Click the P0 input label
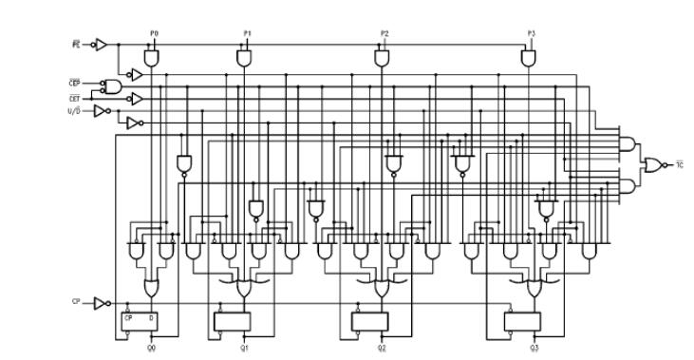154,33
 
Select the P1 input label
246,33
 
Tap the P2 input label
384,33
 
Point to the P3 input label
531,33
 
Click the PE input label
75,44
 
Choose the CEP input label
76,83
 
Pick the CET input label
76,97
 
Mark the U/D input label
76,110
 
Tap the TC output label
679,165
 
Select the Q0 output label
152,348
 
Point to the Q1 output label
246,348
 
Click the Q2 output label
383,348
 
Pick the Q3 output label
535,348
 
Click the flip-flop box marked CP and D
139,321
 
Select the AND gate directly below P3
529,59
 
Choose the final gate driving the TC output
653,164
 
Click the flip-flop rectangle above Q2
370,321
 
